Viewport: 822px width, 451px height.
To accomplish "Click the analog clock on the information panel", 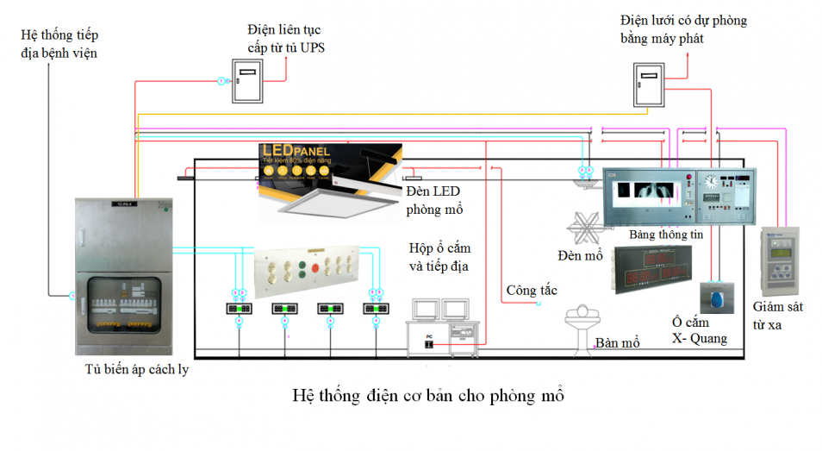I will click(x=712, y=182).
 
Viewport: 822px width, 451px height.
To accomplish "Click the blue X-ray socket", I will click(x=715, y=297).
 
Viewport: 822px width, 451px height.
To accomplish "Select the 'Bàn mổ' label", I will click(x=618, y=343).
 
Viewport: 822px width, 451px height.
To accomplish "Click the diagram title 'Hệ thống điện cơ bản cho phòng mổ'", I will click(x=428, y=395).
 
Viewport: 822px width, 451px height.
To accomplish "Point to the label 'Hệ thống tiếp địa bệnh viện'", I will click(x=59, y=44).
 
